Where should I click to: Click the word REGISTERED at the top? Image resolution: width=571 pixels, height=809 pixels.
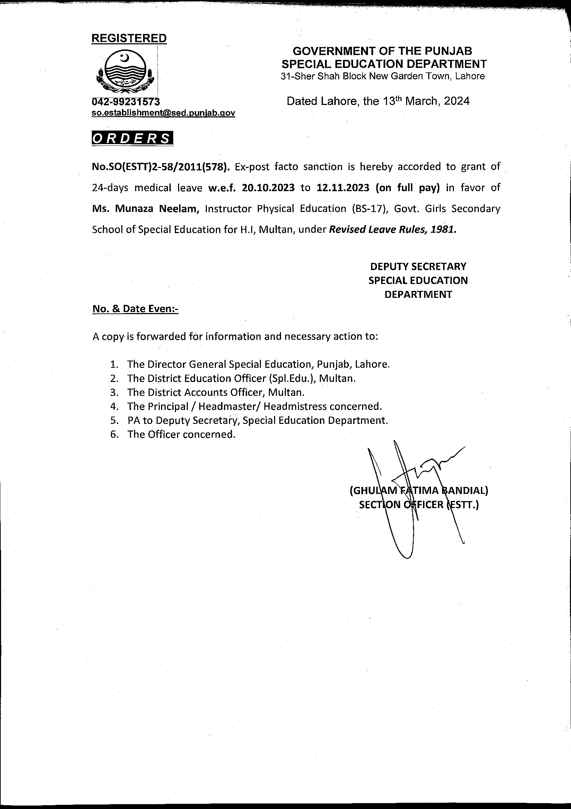point(129,38)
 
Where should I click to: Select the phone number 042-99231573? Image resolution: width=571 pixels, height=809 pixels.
point(126,102)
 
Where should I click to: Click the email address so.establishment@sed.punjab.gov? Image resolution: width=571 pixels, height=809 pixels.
point(163,113)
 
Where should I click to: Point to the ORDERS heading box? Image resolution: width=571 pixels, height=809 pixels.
point(132,138)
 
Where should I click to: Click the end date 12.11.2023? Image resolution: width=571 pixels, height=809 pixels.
point(343,188)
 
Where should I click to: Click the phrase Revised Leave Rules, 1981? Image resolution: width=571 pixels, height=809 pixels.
point(392,230)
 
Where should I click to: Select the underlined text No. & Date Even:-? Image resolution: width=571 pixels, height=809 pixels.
point(135,309)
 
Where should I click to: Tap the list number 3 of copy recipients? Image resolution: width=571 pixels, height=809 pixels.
point(114,392)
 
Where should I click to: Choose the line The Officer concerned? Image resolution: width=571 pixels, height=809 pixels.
point(181,434)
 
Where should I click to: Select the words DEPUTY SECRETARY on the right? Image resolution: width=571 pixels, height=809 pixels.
point(418,266)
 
